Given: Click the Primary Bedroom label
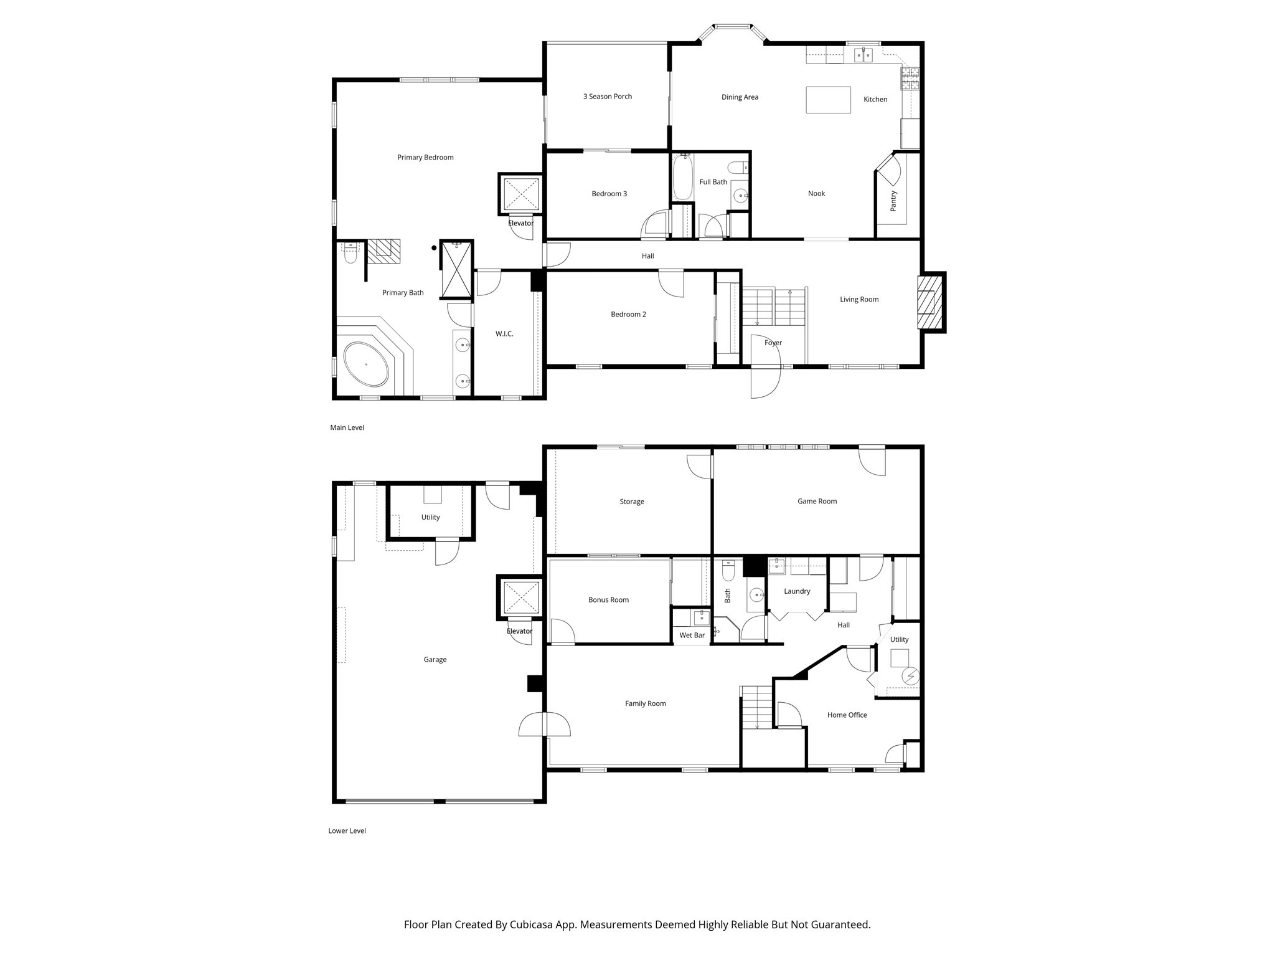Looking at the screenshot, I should pos(425,158).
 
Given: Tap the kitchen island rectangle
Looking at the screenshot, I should pos(828,100).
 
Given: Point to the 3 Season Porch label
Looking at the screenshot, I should pos(607,97).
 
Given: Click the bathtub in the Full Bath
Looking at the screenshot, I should pos(682,177).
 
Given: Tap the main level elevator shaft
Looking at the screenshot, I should pos(520,194).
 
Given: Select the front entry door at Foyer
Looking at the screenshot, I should pos(766,381).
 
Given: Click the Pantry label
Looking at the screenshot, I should pos(893,201).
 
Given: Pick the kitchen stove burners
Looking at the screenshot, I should pos(910,79).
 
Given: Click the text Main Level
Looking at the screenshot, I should pos(347,427).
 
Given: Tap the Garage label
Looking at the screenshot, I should pos(435,659).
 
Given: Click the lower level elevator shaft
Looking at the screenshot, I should pos(519,598).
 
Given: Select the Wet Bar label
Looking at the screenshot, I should pos(692,636).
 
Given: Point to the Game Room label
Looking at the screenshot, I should pos(817,501).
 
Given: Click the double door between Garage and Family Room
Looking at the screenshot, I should pos(545,725).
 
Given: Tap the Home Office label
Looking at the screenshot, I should pos(847,715).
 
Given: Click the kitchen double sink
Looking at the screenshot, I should pos(863,55).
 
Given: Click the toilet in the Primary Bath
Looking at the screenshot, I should pos(350,254).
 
